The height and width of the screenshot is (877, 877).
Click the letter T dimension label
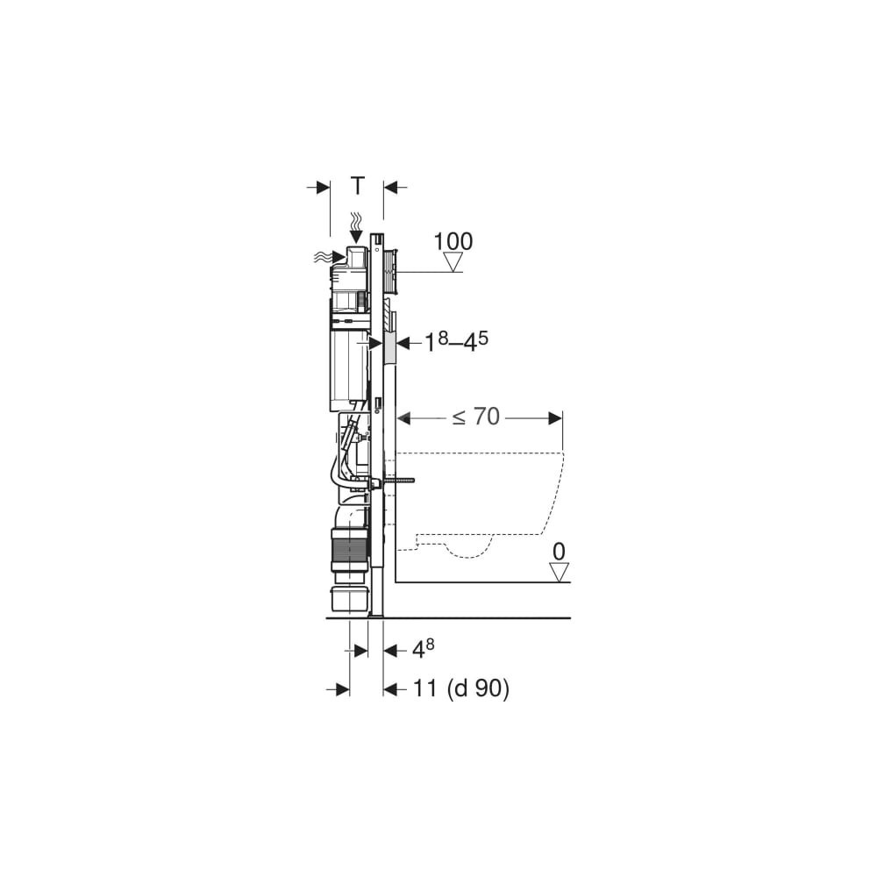[x=358, y=185]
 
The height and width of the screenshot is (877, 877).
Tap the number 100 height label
[x=453, y=242]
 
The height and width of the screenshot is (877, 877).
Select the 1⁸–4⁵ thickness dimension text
[x=456, y=342]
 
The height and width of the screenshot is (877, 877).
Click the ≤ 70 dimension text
[x=476, y=417]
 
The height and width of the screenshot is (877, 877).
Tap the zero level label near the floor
[x=559, y=552]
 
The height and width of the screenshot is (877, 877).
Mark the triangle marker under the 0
[x=559, y=572]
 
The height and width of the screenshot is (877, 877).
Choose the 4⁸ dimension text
[x=423, y=649]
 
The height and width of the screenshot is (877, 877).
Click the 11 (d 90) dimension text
[x=461, y=688]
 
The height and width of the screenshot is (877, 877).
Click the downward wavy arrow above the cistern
[x=355, y=228]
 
